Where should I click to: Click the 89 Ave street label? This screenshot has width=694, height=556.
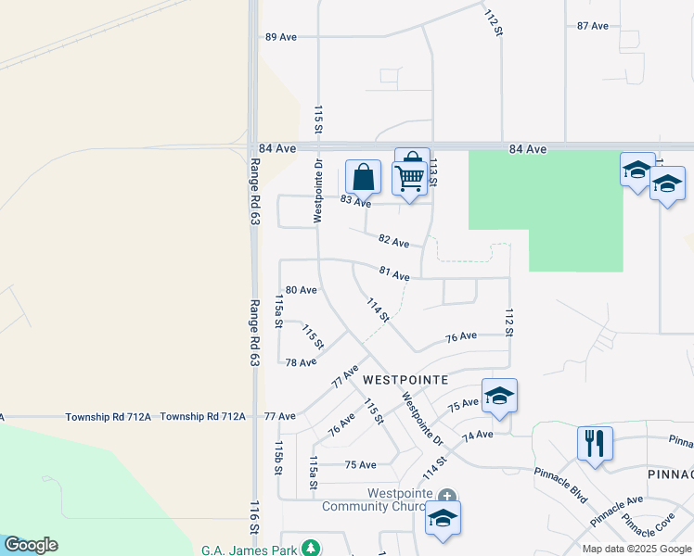[280, 37]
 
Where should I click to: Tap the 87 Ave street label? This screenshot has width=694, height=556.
[593, 26]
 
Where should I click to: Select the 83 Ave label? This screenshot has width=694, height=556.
[355, 201]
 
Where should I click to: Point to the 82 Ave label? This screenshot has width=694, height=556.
[394, 242]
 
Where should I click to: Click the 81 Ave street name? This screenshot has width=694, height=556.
[394, 274]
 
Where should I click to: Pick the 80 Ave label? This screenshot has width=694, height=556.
[302, 290]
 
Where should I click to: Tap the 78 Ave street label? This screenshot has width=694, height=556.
[302, 362]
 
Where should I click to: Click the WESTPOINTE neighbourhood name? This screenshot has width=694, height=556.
[405, 380]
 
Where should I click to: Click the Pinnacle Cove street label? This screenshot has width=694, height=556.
[649, 526]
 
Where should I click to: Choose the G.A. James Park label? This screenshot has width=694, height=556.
[250, 550]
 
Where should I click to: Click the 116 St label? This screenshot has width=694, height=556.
[254, 518]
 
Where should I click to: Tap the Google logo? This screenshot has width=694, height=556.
[31, 545]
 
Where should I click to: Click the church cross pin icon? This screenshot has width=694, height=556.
[447, 497]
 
